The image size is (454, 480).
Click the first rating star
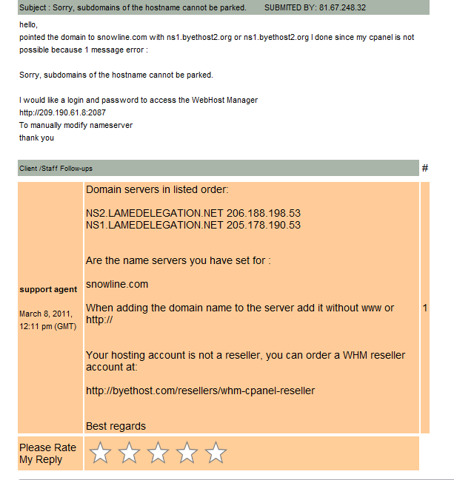coord(100,453)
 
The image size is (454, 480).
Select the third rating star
coord(158,453)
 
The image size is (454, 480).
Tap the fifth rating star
coord(216,453)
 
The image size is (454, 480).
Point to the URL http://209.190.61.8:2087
coord(62,112)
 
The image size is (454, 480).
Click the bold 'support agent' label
coord(48,289)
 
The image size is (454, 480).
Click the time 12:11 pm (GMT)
coord(47,326)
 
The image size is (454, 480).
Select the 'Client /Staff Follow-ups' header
coord(56,169)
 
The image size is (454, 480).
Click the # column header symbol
coord(424,169)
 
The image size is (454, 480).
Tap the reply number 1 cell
coord(424,308)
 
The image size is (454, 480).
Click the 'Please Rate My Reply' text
coord(47,453)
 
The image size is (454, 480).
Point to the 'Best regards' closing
coord(116,426)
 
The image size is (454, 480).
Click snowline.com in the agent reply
coord(117,284)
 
